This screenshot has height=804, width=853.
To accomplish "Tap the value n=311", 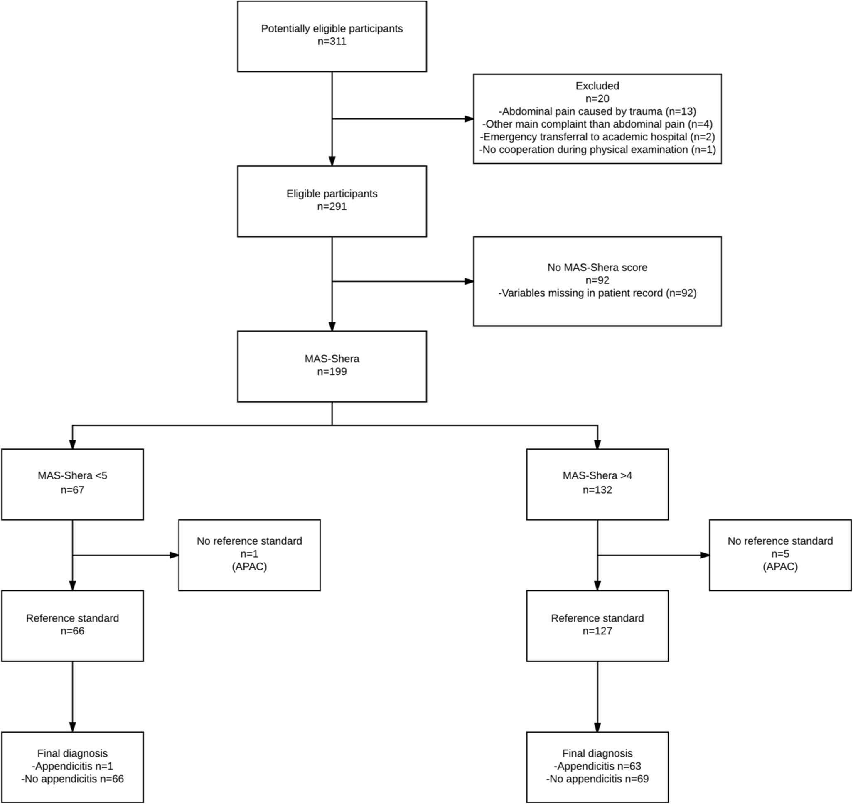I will (332, 42).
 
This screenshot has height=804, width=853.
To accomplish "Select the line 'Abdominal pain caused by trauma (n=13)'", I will (597, 111).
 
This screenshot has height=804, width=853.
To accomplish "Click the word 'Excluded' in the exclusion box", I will (597, 86).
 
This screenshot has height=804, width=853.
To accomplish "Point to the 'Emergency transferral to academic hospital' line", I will (597, 137).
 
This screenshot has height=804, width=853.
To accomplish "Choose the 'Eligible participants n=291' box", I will (332, 201).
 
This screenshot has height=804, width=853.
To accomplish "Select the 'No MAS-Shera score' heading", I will (597, 268).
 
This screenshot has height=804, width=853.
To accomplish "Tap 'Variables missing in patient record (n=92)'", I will (597, 293).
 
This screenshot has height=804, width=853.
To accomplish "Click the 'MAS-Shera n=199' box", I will (332, 366).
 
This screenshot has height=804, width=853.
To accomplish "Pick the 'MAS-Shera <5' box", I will (73, 484).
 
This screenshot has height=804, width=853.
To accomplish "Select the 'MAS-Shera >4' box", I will (597, 484).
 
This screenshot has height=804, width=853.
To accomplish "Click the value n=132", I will (597, 490).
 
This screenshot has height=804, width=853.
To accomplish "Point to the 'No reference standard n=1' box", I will (249, 554).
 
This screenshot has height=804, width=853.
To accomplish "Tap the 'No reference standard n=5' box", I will (779, 554).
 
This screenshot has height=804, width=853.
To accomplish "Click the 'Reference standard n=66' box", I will (73, 625).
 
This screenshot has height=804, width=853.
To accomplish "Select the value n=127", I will (597, 631).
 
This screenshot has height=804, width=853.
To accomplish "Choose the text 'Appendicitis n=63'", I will (597, 766).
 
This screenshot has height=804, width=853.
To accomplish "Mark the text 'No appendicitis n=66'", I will (73, 779).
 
